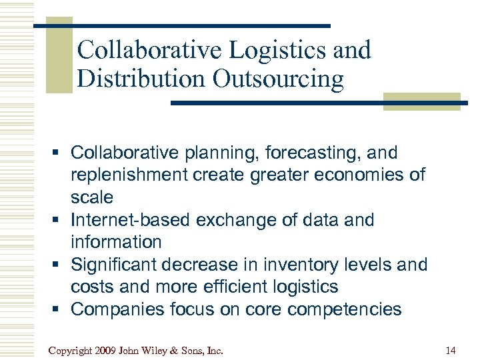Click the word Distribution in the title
point(141,79)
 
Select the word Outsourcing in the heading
point(279,79)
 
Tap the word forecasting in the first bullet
point(309,153)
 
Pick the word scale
point(92,197)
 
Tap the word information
point(116,242)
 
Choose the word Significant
point(117,265)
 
